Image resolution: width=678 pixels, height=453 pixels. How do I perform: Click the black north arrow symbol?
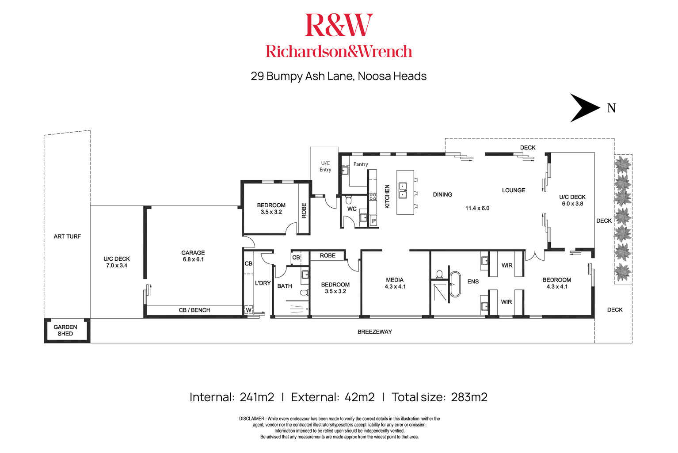coord(583,108)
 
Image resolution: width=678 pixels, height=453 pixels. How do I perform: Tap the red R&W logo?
coord(339,25)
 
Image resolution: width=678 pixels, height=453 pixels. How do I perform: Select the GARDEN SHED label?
coord(65,331)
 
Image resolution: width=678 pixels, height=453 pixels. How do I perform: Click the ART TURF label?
coord(67,236)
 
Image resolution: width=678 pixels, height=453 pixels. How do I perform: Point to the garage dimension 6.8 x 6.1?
coord(193,259)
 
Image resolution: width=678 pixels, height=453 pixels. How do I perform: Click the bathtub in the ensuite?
coord(455,284)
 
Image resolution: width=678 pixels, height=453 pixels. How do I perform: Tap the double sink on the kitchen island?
coord(403,190)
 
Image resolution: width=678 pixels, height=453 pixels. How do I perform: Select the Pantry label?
coord(361,164)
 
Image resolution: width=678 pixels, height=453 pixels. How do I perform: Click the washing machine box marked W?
coord(248,310)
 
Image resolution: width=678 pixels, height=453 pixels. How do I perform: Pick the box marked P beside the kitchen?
coord(373,221)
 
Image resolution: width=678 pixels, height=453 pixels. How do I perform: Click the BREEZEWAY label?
coord(375,331)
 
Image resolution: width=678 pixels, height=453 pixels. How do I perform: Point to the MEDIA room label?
coord(395,280)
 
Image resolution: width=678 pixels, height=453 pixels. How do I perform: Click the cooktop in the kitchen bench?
coord(373,197)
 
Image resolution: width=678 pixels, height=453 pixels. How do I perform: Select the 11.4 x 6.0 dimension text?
coord(477,208)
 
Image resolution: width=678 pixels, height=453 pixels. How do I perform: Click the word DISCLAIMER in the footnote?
coord(251,419)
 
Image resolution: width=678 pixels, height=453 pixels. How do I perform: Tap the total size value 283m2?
coord(469,397)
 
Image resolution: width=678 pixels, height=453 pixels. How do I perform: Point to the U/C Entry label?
coord(325,167)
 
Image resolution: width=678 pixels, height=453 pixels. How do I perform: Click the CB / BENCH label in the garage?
coord(194,310)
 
